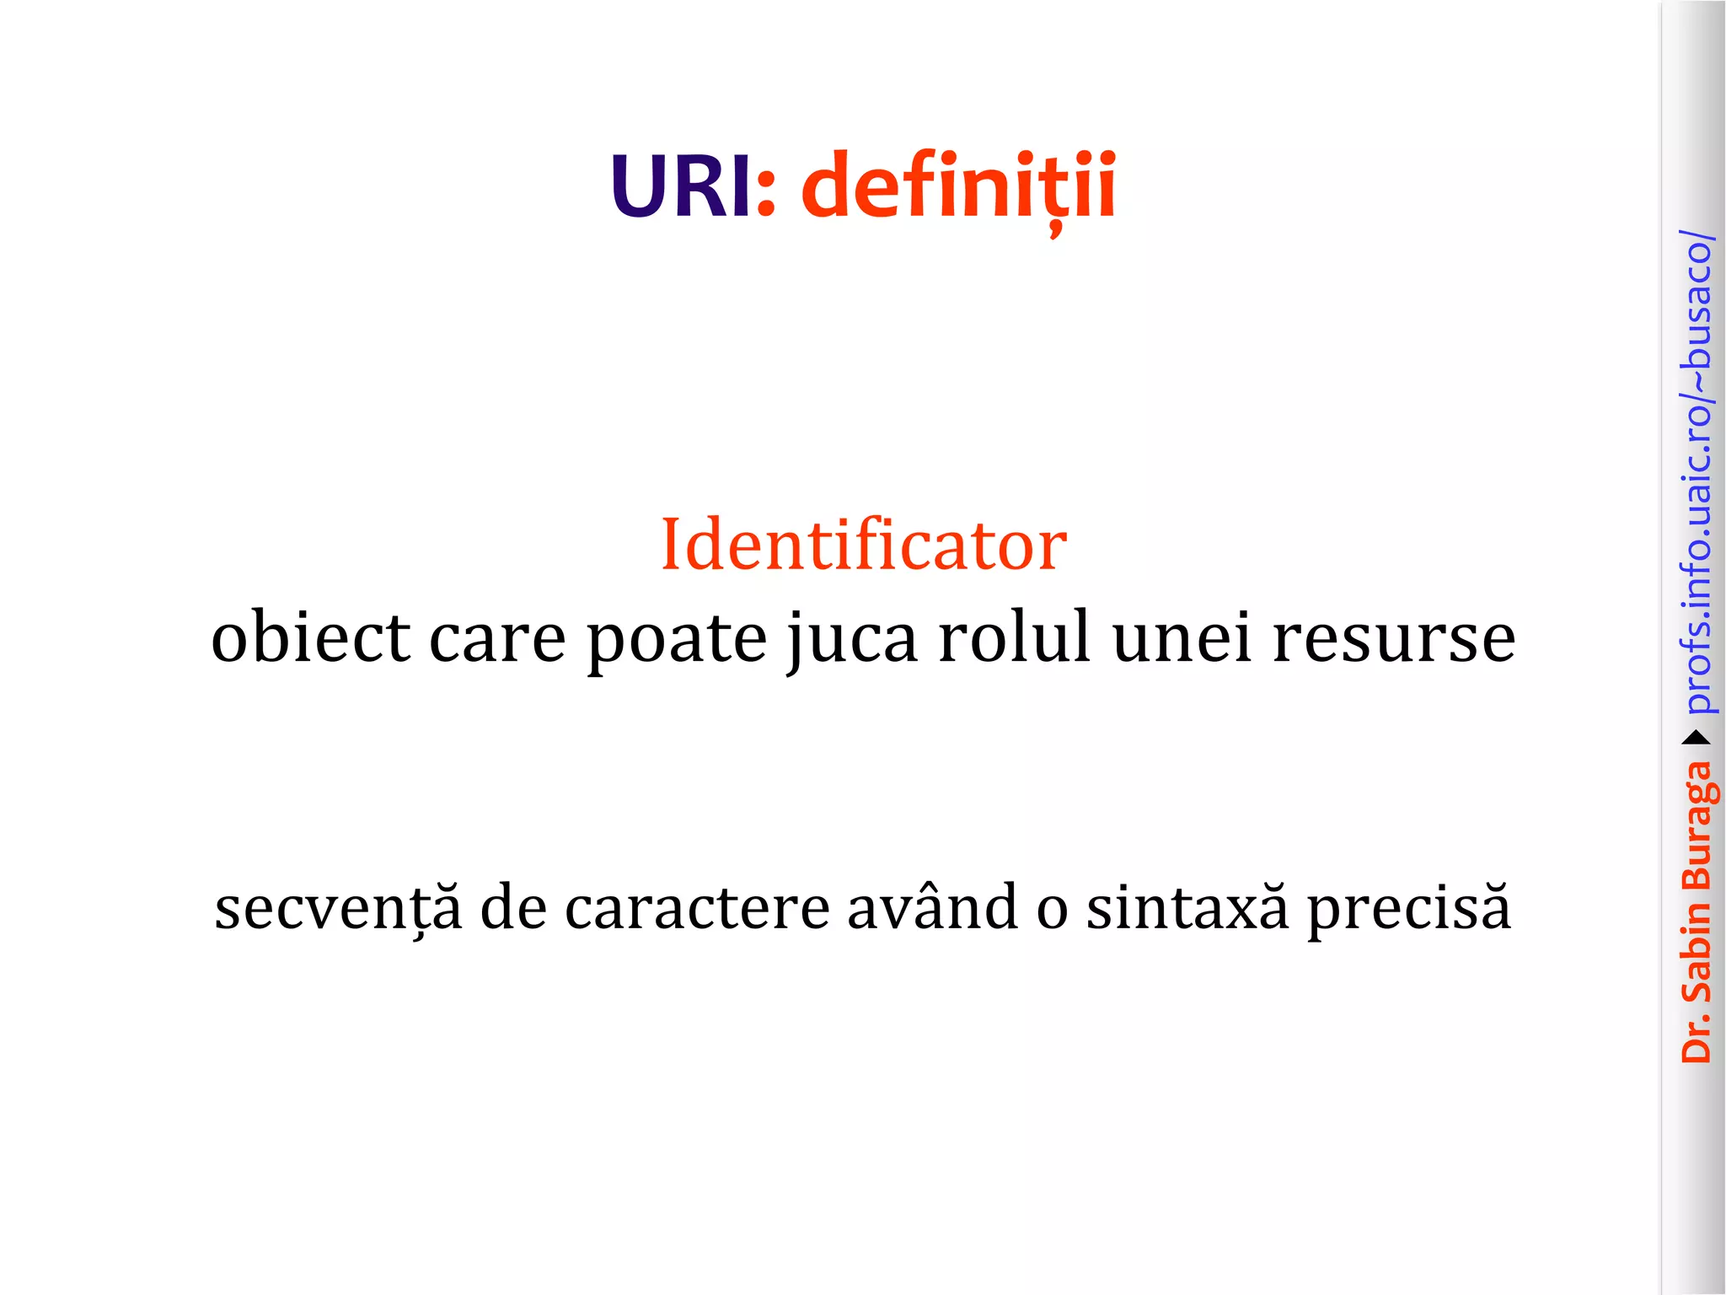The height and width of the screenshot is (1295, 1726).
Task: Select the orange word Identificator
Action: [864, 545]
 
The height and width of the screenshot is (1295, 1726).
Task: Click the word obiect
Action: [310, 638]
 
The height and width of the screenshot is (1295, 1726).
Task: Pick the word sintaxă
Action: [1187, 908]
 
